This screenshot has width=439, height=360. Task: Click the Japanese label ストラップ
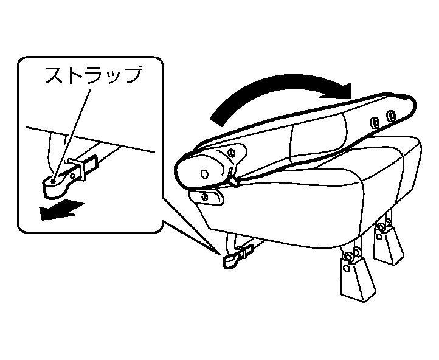pos(92,76)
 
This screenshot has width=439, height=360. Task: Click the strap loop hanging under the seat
pos(231,260)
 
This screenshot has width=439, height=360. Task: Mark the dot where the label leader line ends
pos(54,181)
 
